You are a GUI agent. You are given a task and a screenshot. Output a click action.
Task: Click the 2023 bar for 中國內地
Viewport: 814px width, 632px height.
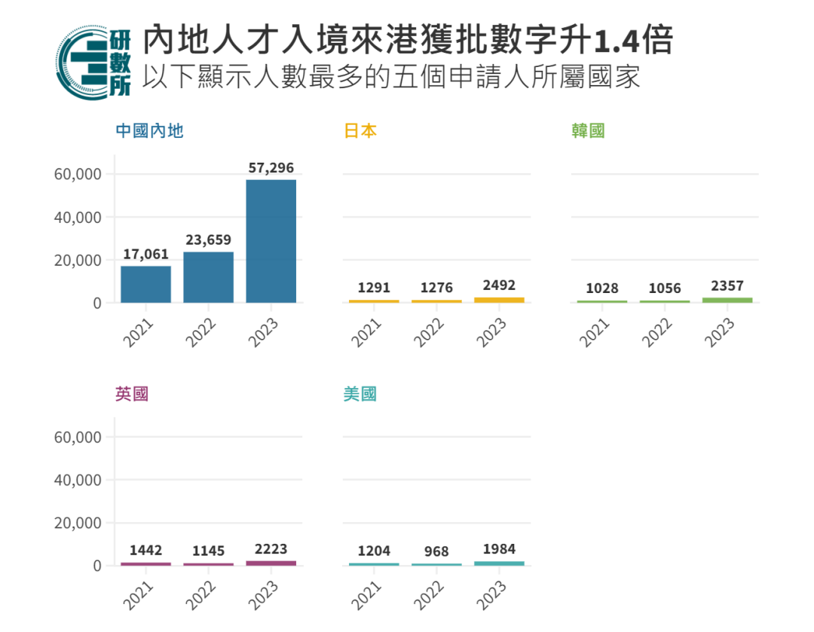pyautogui.click(x=271, y=241)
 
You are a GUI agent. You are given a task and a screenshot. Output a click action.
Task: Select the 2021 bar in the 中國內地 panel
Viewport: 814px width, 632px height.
pyautogui.click(x=145, y=284)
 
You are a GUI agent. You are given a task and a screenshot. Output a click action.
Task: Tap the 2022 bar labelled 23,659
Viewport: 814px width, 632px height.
pyautogui.click(x=208, y=277)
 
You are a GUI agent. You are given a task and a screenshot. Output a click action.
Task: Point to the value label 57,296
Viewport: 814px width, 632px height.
pyautogui.click(x=271, y=168)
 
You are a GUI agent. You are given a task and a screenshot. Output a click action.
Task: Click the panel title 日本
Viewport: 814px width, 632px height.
pyautogui.click(x=360, y=131)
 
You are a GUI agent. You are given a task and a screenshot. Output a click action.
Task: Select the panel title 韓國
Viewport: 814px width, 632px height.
pyautogui.click(x=588, y=131)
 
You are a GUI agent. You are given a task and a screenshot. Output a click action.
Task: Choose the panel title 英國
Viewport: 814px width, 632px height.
pyautogui.click(x=131, y=394)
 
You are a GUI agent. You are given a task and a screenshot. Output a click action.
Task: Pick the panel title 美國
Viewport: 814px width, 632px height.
pyautogui.click(x=360, y=394)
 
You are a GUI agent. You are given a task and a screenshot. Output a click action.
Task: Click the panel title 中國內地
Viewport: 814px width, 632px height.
pyautogui.click(x=149, y=131)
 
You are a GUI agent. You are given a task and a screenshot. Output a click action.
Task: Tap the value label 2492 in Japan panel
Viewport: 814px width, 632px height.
pyautogui.click(x=499, y=285)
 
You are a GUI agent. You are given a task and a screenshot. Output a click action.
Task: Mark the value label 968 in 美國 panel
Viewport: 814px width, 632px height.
pyautogui.click(x=436, y=551)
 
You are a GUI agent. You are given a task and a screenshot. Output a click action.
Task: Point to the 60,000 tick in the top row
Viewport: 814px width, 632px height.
pyautogui.click(x=78, y=174)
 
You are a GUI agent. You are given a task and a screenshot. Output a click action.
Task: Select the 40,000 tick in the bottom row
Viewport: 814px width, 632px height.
pyautogui.click(x=78, y=480)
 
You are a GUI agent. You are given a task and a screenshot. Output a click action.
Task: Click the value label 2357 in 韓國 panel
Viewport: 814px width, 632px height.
pyautogui.click(x=727, y=285)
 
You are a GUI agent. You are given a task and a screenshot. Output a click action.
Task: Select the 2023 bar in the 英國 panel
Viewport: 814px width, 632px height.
pyautogui.click(x=271, y=563)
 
